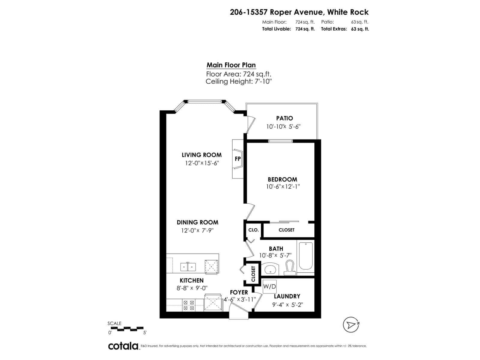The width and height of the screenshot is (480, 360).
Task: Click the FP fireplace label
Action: pos(238,159)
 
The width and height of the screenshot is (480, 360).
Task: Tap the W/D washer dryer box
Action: pos(269,286)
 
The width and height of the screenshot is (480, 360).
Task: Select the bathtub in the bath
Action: pos(306,256)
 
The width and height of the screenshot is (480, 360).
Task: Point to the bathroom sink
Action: pos(270,269)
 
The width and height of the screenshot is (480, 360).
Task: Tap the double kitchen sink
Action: pos(188,267)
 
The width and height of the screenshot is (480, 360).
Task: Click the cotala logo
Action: pos(123,346)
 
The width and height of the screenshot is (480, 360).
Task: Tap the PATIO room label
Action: pos(284,118)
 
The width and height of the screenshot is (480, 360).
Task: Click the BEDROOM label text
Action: pos(282,179)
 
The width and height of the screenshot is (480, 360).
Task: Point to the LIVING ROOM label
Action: pos(202,155)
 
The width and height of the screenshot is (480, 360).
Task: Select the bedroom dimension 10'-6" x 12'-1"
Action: pos(283,187)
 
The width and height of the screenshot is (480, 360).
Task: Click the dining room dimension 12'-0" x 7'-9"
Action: pos(197,230)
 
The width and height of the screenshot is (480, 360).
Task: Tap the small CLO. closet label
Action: pos(253,230)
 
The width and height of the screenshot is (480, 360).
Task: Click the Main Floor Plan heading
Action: pos(231,65)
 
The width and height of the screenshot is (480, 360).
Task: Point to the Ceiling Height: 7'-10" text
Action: pos(239,81)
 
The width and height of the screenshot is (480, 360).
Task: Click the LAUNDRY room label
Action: pos(287,296)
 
